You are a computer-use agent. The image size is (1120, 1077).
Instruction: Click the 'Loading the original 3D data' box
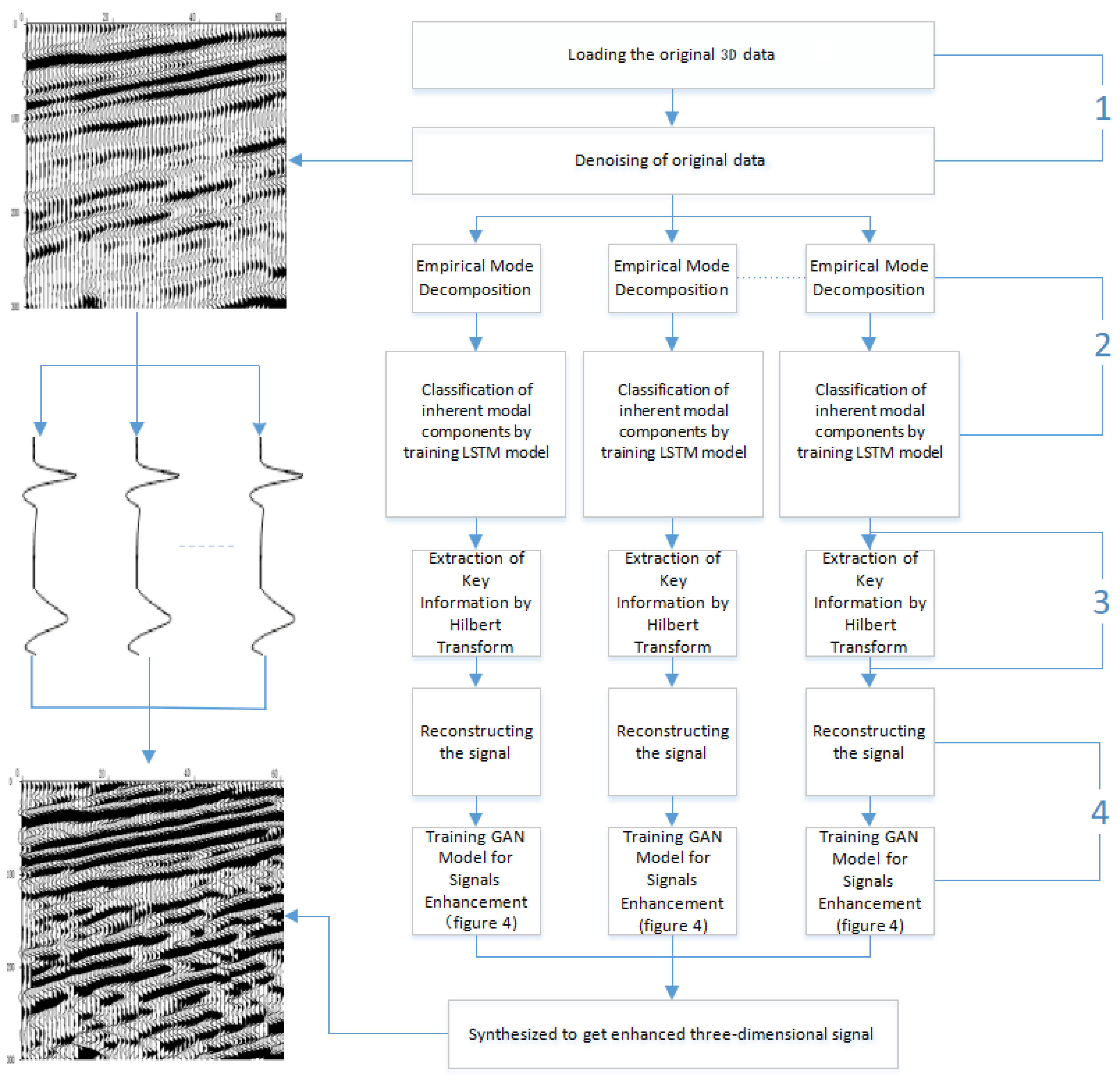coord(673,55)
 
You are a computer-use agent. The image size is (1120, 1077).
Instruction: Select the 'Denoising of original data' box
coord(673,161)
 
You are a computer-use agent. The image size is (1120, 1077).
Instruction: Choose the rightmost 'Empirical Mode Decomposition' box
coord(869,278)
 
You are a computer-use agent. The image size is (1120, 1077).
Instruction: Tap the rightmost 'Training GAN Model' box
coord(869,880)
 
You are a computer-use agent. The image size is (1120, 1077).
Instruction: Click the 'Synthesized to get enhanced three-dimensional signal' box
coord(673,1034)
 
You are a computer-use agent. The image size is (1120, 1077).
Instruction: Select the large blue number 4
coord(1100,812)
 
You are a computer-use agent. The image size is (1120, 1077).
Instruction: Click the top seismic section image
coord(155,166)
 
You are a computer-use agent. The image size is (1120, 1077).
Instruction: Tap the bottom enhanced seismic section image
coord(152,920)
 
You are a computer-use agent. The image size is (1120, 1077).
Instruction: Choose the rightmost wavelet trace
coord(272,546)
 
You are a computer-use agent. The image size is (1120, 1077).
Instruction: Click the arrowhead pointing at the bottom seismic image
coord(291,916)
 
